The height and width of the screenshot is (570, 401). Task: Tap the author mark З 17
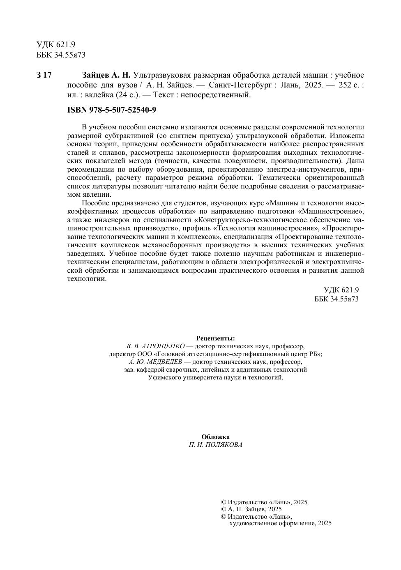[x=44, y=75]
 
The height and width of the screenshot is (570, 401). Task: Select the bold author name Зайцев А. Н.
[x=106, y=75]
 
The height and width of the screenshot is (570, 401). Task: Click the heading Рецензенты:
[x=215, y=338]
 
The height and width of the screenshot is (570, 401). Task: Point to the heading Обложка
[x=215, y=437]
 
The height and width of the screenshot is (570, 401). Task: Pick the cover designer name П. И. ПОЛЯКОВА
[x=215, y=445]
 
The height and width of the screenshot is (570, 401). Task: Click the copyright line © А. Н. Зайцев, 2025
[x=251, y=509]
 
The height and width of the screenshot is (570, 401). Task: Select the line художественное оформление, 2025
[x=280, y=523]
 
